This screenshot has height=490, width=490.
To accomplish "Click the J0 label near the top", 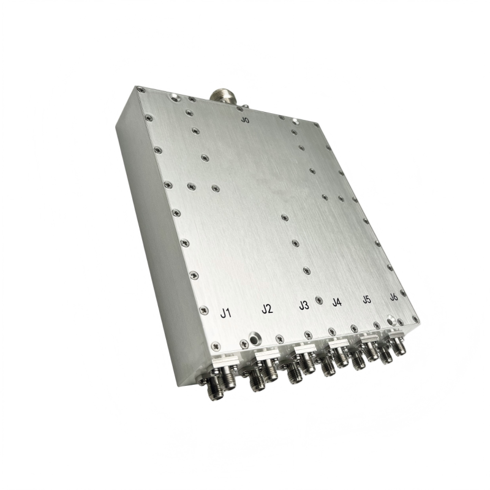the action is coord(246,120).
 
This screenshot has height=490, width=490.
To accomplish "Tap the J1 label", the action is coord(225,313).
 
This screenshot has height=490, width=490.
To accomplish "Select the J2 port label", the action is coord(267,309).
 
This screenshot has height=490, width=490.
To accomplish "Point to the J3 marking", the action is coord(304,305).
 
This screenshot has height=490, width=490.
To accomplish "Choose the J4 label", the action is coord(337,302).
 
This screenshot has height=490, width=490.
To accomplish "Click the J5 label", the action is coord(367,300).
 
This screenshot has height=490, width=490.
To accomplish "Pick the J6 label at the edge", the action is coord(394,297).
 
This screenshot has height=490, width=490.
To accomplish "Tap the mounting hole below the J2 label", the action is coord(254,339).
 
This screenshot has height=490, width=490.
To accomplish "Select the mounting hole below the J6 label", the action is coord(391,320).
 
